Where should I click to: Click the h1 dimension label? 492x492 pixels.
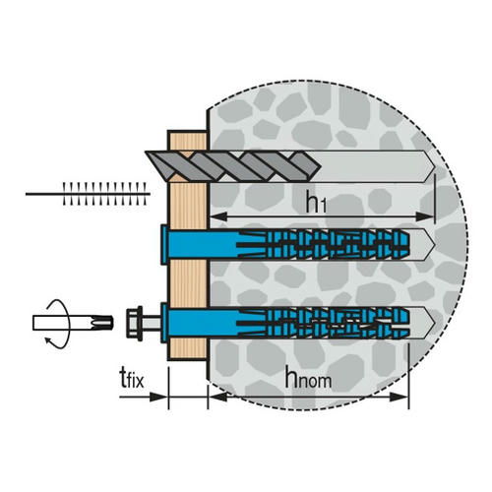coord(316,202)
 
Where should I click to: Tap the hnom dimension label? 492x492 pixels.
coord(308,377)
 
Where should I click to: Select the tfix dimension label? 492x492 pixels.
coord(132,378)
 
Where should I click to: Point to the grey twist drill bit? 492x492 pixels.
coord(233,166)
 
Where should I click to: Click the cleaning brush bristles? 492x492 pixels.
coord(104,194)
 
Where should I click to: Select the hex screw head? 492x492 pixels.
coord(135,323)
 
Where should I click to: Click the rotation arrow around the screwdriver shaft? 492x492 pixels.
coord(58,323)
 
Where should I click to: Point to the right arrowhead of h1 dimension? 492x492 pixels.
coord(425,216)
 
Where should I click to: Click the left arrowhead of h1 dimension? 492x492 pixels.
coord(218,216)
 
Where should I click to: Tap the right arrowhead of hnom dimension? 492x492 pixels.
coord(399,398)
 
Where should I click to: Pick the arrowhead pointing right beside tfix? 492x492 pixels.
coord(158,398)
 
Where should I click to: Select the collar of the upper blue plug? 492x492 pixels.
coord(164,244)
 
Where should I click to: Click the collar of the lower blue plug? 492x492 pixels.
coord(164,323)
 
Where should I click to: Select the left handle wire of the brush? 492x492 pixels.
coord(44,194)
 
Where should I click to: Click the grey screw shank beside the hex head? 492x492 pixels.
coord(152,323)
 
